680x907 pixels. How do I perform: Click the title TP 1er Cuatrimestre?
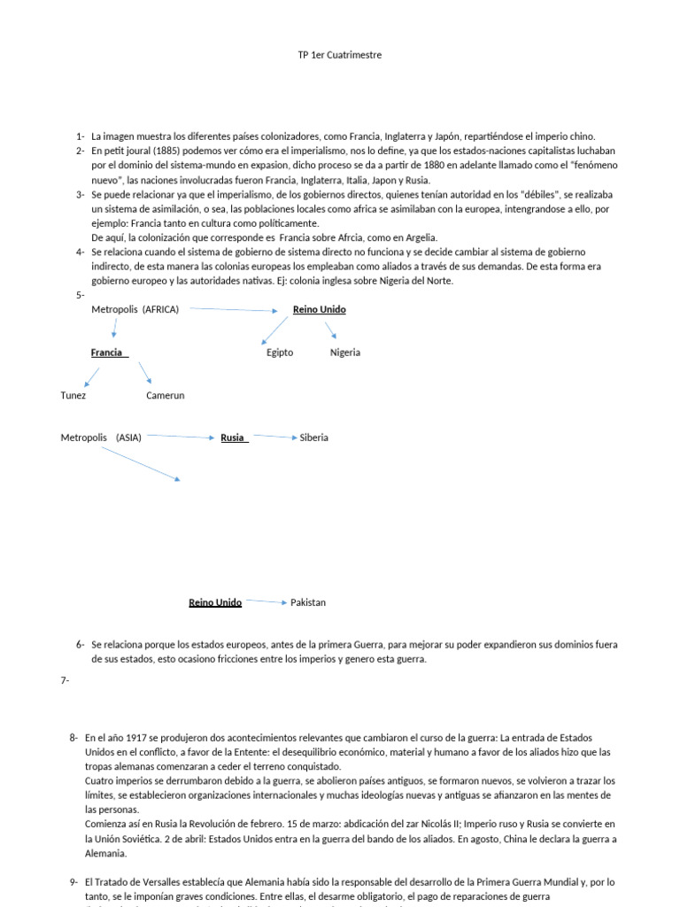tap(340, 55)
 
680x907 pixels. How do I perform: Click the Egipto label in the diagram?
tap(280, 353)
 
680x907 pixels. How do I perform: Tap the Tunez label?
tap(73, 395)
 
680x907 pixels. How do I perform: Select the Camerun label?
tap(166, 395)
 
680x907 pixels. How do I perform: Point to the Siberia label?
tap(314, 438)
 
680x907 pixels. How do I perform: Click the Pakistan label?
tap(308, 602)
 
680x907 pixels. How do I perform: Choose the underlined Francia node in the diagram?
tap(107, 353)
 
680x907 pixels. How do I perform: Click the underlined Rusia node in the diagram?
tap(233, 438)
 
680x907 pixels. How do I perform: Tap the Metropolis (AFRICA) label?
tap(135, 309)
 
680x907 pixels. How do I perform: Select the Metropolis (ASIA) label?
tap(101, 438)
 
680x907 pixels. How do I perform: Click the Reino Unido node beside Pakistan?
tap(215, 602)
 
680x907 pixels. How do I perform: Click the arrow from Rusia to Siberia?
tap(274, 437)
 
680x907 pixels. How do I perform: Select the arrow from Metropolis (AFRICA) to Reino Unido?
tap(235, 310)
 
